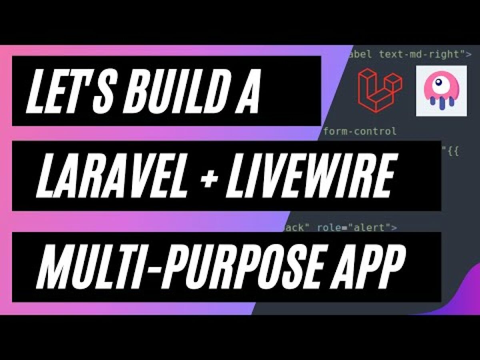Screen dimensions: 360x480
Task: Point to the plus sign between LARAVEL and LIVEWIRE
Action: tap(210, 176)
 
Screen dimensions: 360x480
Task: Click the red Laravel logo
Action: tap(380, 90)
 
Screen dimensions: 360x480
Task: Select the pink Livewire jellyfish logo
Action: tap(442, 91)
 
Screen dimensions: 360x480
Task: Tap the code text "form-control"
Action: tap(360, 131)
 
